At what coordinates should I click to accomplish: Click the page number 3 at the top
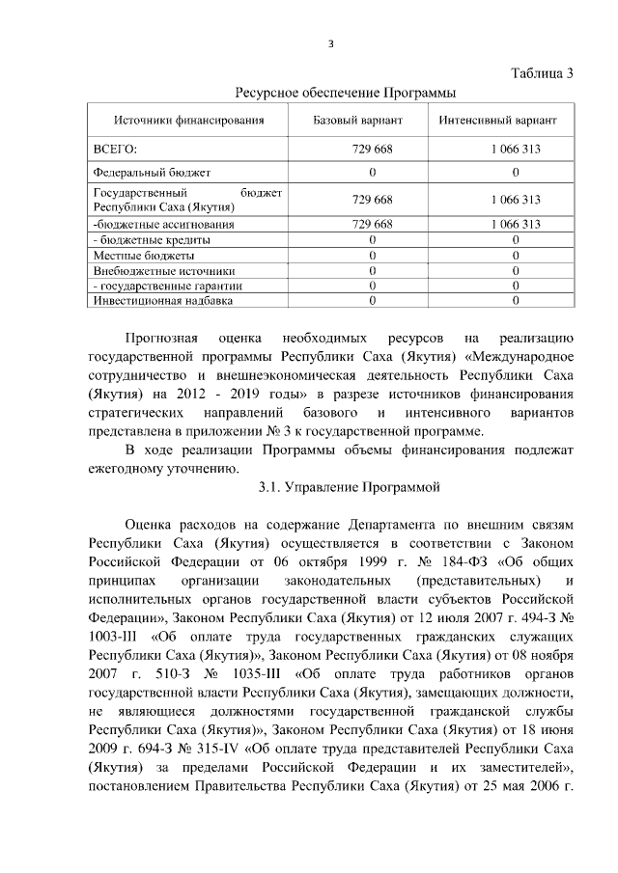(330, 43)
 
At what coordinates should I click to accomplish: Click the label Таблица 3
(541, 74)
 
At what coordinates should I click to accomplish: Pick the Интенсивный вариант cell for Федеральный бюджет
(516, 173)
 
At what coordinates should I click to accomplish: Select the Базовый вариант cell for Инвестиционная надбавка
(372, 300)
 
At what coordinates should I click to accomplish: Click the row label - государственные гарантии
(166, 286)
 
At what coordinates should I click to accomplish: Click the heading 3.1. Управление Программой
(349, 488)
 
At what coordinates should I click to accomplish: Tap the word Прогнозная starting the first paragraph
(162, 339)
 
